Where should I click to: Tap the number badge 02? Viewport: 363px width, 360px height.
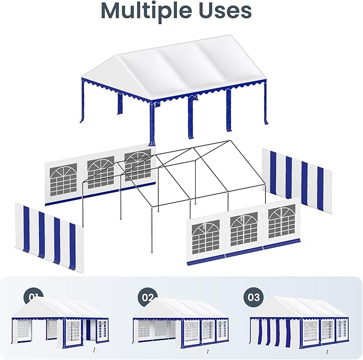(x=148, y=298)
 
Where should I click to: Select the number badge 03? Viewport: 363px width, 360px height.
(x=253, y=298)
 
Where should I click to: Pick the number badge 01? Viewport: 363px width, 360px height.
(x=33, y=297)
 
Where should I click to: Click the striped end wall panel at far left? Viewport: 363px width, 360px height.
(x=49, y=238)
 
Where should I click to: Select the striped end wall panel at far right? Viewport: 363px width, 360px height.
(x=297, y=181)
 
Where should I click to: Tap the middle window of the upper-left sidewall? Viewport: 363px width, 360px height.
(x=101, y=173)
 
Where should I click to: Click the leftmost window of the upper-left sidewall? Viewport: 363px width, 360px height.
(x=63, y=179)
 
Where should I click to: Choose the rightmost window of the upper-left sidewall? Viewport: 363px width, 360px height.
(x=138, y=165)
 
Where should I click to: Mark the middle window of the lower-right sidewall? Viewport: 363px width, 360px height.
(x=244, y=229)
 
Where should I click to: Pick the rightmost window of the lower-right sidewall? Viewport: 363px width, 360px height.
(x=282, y=221)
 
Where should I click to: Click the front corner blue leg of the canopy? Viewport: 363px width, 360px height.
(x=152, y=124)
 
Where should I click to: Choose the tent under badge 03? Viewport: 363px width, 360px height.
(x=299, y=322)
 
